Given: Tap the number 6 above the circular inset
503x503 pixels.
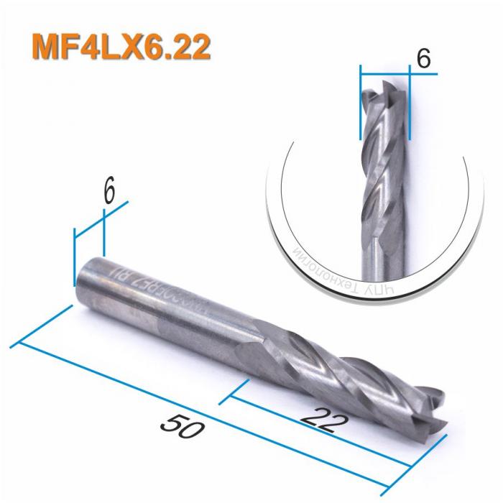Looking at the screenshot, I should click(x=423, y=59).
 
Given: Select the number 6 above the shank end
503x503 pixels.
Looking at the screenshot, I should click(x=109, y=193).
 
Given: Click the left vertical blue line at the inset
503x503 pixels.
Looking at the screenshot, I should click(x=360, y=104).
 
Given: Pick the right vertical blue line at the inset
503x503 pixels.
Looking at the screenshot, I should click(x=408, y=104).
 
